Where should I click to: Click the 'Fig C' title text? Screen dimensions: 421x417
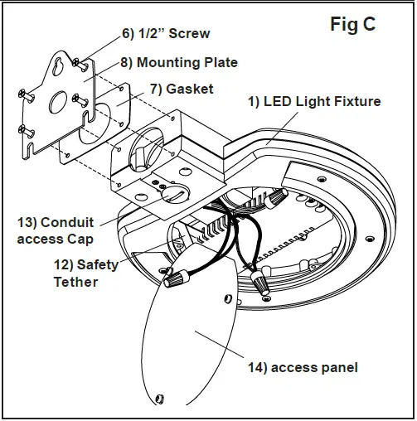352,25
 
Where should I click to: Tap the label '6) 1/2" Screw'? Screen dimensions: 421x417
166,34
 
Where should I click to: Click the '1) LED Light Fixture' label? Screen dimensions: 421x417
316,101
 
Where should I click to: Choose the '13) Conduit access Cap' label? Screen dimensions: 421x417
56,230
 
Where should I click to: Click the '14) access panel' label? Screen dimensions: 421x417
303,367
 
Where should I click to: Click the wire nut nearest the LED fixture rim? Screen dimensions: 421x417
277,198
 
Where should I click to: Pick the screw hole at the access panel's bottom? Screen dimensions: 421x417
160,401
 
